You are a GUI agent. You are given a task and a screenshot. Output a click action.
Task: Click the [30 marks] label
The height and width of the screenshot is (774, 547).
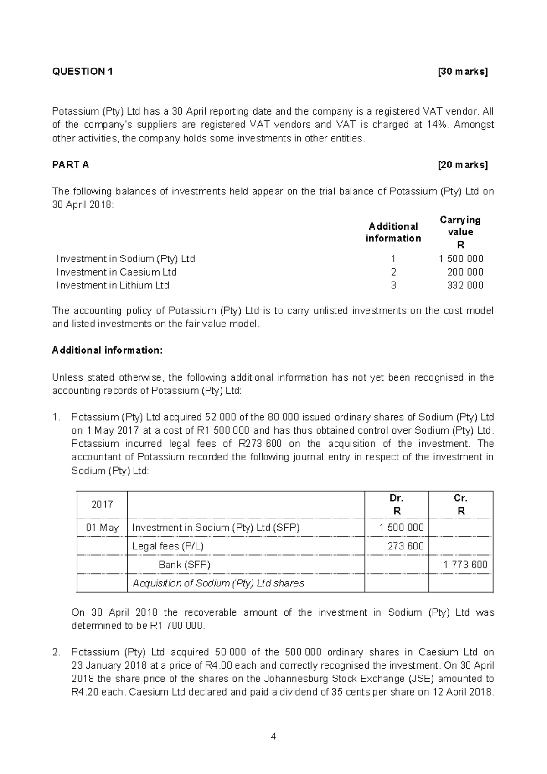click(462, 72)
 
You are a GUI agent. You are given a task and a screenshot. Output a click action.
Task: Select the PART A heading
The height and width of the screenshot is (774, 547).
click(71, 165)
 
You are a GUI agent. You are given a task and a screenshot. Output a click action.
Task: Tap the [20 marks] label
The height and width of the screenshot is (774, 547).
click(462, 165)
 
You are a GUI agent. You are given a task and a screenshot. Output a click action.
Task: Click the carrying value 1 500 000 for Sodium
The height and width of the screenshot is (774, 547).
click(461, 259)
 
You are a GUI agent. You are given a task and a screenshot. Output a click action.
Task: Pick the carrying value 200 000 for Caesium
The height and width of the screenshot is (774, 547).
click(465, 272)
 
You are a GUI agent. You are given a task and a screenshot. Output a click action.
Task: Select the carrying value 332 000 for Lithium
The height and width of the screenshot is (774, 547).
click(465, 286)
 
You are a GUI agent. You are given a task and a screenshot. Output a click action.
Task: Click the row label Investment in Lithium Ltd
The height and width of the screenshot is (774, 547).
click(113, 286)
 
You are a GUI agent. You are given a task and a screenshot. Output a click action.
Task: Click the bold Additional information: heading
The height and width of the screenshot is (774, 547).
click(107, 350)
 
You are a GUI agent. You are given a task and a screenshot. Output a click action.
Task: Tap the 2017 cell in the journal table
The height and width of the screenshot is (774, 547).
click(102, 504)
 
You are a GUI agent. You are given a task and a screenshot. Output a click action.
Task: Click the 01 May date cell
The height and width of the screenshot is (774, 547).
click(102, 528)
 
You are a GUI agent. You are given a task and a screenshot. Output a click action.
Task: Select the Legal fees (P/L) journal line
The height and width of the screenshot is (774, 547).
click(168, 546)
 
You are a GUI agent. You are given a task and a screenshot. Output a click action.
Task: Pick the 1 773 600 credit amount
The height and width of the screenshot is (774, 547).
click(465, 565)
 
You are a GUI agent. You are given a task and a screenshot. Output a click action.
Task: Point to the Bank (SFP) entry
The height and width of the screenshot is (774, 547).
click(184, 565)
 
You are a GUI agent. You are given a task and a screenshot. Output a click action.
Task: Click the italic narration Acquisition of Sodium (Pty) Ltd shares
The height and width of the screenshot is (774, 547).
click(218, 583)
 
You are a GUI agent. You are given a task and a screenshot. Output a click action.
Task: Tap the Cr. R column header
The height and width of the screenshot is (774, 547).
click(461, 504)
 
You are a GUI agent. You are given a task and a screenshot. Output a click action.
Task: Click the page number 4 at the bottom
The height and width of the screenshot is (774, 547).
click(273, 737)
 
